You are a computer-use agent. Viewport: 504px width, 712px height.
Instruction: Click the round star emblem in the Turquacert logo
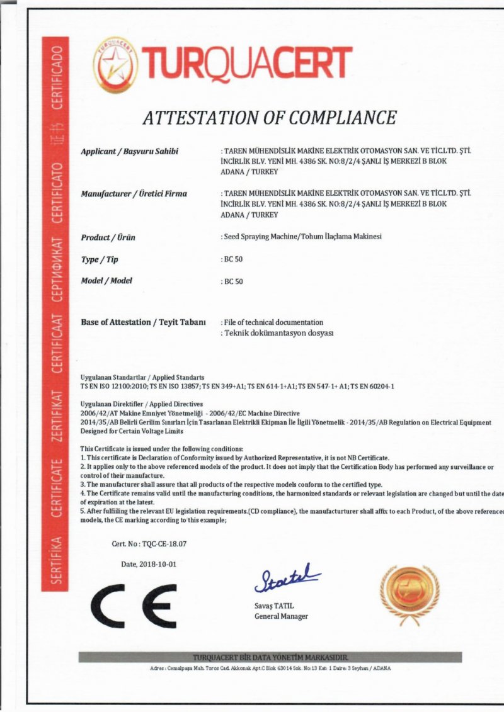click(115, 64)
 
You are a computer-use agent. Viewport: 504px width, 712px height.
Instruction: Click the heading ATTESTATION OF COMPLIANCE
click(269, 118)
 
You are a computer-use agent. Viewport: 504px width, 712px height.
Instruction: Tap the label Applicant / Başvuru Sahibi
click(130, 152)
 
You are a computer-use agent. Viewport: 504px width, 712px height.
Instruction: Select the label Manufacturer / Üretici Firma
click(134, 194)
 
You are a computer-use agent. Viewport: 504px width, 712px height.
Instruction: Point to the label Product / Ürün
click(108, 237)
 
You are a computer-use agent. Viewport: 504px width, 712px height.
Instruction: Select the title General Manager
click(281, 616)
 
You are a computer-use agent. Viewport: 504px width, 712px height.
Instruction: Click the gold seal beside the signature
click(409, 595)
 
